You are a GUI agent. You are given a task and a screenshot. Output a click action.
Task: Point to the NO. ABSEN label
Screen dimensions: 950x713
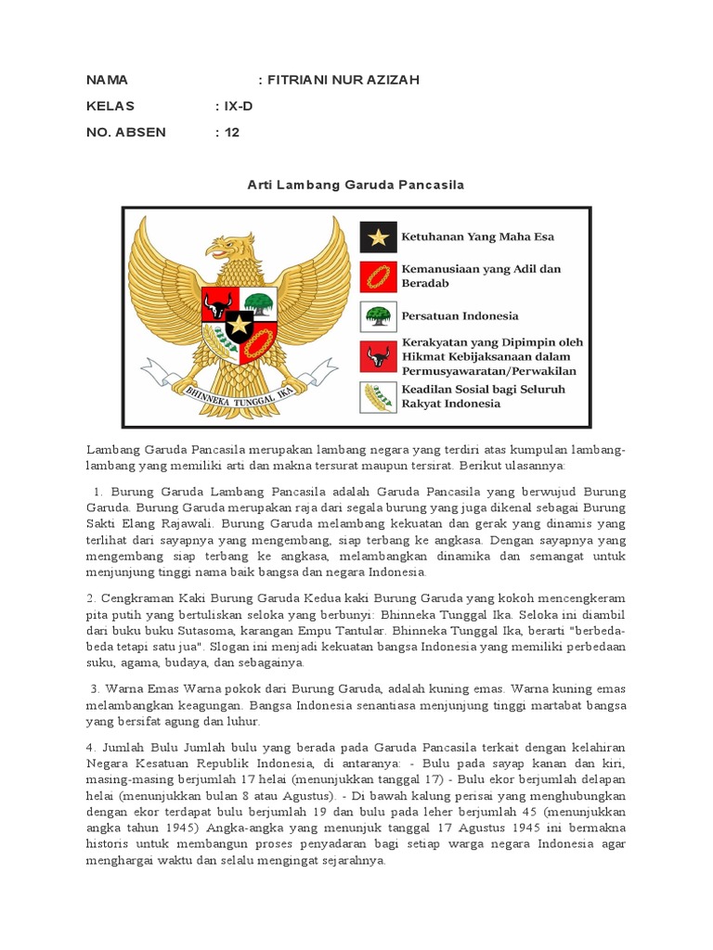tap(125, 132)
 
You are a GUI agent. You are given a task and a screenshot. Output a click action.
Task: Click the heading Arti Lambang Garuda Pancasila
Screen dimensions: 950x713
tap(356, 185)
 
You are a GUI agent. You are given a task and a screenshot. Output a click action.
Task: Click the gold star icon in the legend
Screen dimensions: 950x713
tap(378, 237)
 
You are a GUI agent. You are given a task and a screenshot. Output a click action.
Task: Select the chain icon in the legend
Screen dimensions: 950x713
tap(378, 276)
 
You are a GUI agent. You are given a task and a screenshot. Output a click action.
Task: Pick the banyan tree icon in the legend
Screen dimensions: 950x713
tap(378, 315)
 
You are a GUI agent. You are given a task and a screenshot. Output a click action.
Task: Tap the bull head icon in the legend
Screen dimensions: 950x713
tap(378, 356)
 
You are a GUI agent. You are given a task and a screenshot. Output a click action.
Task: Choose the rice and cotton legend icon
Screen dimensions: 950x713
tap(378, 397)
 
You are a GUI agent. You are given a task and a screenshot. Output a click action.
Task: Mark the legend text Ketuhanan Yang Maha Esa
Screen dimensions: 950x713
tap(477, 237)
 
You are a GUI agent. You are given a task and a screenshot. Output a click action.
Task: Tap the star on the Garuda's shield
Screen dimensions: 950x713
tap(240, 325)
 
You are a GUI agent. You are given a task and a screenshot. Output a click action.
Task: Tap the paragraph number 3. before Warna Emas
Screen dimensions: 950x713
tap(96, 688)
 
